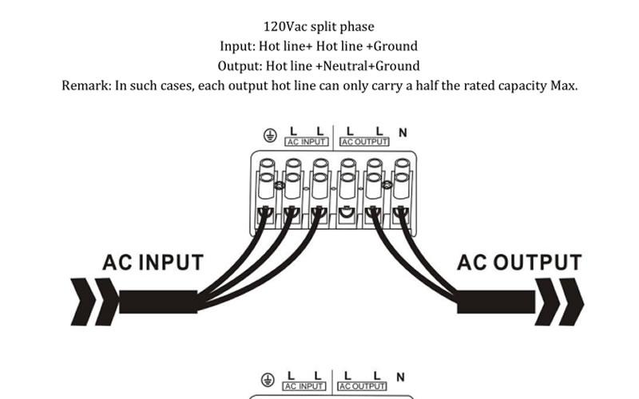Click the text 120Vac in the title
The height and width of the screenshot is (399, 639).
pos(284,27)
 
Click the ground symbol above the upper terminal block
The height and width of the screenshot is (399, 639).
pos(270,135)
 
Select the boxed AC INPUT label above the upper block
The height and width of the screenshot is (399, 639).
pos(307,142)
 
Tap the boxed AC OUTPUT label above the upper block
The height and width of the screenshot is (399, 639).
pos(364,142)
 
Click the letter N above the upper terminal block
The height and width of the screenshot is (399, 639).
pos(403,132)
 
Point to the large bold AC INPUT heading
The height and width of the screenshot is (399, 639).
pos(153,263)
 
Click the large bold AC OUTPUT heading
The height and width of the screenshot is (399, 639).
pos(519,263)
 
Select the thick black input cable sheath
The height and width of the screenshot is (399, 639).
pos(158,302)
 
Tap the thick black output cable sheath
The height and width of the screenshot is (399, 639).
pos(496,302)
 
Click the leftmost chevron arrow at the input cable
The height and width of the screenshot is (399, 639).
pos(83,302)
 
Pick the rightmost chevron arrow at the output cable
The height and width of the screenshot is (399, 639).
pos(571,302)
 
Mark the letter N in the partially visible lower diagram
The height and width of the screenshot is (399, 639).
pos(401,377)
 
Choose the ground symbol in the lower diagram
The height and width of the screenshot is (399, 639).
pos(268,380)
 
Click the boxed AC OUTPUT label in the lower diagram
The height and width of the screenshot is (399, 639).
pos(363,386)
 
